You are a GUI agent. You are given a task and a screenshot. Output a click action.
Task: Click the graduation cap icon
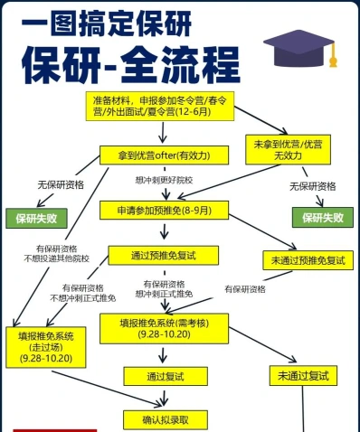click(x=300, y=48)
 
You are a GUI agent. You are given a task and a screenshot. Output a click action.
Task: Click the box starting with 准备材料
click(x=160, y=107)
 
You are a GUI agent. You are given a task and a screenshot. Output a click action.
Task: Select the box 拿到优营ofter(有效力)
click(x=164, y=155)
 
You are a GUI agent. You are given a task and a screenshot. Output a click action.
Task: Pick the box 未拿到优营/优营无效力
click(x=288, y=150)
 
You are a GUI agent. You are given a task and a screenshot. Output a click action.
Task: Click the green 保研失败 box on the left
click(x=36, y=218)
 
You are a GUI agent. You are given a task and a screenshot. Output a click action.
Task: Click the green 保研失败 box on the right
click(x=323, y=217)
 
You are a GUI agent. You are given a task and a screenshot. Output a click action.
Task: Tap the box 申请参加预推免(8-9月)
click(x=164, y=211)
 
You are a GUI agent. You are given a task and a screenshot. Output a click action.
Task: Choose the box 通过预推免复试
click(x=164, y=256)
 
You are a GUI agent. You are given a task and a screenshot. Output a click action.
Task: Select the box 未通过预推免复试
click(x=308, y=260)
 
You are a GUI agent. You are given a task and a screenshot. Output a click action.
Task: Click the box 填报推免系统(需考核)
click(x=164, y=329)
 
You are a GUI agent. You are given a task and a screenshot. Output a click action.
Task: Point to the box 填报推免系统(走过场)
click(x=46, y=347)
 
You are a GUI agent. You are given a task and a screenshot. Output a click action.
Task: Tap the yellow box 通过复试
click(x=166, y=376)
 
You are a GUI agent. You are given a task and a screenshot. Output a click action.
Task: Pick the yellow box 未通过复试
click(x=303, y=376)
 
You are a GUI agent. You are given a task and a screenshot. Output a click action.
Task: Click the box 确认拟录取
click(x=166, y=420)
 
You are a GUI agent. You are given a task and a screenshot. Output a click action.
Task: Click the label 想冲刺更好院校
click(x=164, y=180)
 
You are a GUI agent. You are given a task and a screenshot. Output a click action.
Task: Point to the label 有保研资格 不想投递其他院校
click(x=57, y=254)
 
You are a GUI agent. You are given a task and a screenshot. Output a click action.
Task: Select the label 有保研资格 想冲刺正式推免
click(x=164, y=289)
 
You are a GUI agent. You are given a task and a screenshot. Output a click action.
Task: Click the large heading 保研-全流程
click(x=131, y=65)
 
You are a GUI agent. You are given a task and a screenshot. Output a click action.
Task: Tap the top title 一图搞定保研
click(x=107, y=23)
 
